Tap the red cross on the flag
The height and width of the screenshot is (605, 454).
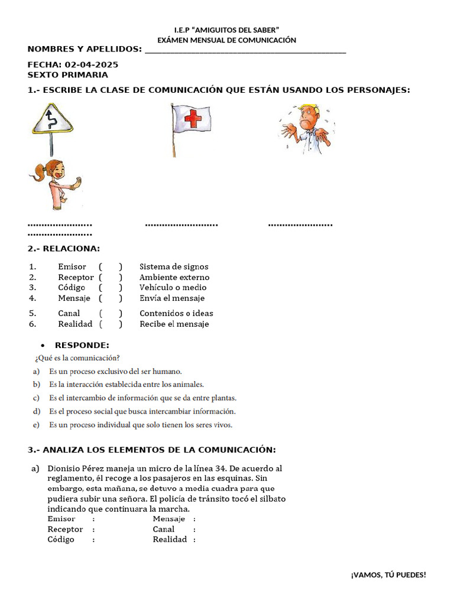(193, 121)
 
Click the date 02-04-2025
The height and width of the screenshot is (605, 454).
(92, 64)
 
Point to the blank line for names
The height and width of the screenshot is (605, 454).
(245, 50)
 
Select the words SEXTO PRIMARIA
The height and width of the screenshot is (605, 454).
(68, 75)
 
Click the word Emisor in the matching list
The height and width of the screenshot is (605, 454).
(72, 267)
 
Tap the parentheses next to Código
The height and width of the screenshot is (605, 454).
(111, 288)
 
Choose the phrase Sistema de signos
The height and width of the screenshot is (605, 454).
(174, 267)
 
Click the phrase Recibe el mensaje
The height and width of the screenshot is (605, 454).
(174, 324)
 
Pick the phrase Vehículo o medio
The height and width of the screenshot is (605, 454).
(173, 288)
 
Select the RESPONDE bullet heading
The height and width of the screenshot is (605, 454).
(82, 345)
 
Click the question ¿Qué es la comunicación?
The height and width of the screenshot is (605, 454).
(77, 358)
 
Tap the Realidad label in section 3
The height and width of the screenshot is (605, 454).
(170, 539)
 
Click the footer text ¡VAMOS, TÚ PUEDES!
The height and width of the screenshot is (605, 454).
(388, 575)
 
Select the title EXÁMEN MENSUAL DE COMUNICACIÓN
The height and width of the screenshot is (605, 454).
(226, 40)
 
